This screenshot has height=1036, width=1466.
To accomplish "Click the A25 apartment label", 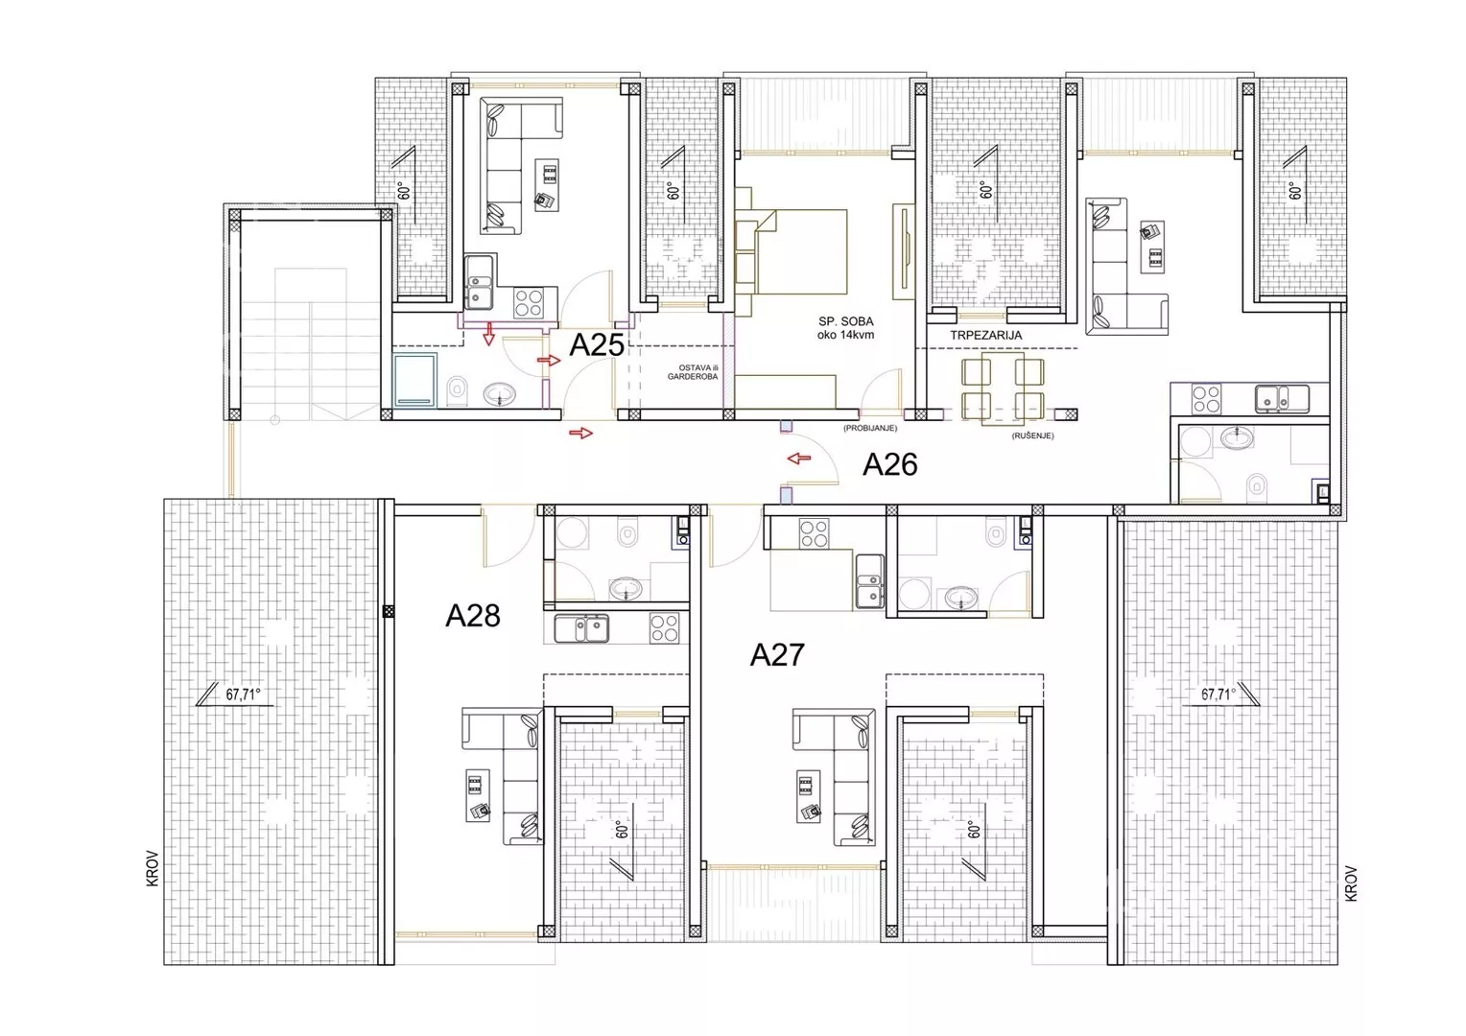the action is (x=596, y=345).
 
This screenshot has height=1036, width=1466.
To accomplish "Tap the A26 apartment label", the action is (x=890, y=464).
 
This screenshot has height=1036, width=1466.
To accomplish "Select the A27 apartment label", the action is (x=777, y=654).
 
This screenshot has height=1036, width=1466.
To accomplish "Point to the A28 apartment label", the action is (x=473, y=616).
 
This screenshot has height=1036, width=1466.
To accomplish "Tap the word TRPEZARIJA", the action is (x=985, y=335).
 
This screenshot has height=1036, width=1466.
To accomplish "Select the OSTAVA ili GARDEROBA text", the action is (x=693, y=372).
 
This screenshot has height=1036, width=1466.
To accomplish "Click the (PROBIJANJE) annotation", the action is (x=870, y=428).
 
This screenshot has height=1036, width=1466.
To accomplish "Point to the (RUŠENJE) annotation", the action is (x=1032, y=436).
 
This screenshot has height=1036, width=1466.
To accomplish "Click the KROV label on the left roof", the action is (x=153, y=868).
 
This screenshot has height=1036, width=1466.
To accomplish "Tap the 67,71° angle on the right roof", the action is (x=1218, y=695).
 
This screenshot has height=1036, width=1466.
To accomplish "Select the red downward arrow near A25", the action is (x=488, y=334).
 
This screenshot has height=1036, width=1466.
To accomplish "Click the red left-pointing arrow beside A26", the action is (x=799, y=459).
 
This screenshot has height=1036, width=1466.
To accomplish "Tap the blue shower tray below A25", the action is (x=414, y=380).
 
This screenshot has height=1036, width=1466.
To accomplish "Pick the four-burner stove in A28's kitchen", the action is (x=664, y=627).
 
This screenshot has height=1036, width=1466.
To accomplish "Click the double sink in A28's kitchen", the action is (x=581, y=628).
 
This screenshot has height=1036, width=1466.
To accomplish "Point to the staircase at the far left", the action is (x=310, y=343).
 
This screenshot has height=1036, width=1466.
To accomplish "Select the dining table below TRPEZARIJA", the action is (x=1002, y=387).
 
